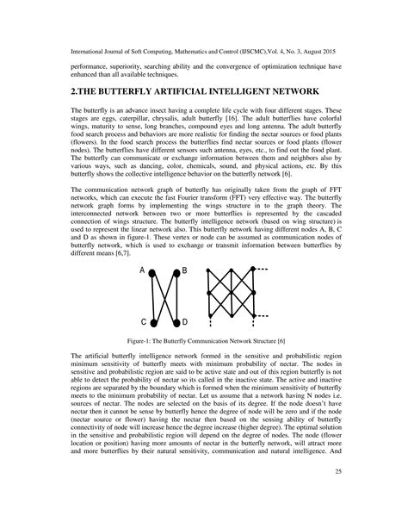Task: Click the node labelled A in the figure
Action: coord(153,272)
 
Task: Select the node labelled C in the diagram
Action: coord(153,321)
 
